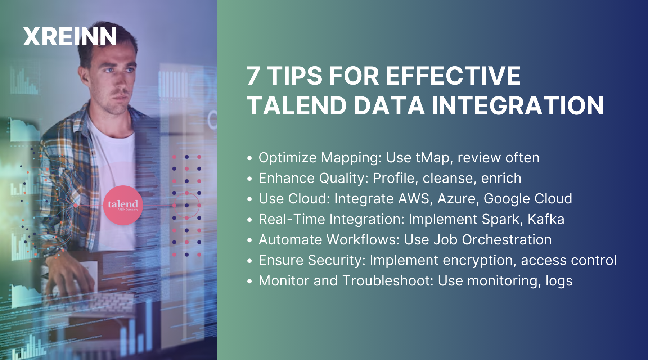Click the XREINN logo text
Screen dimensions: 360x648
(x=70, y=36)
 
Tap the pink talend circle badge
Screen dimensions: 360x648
(x=123, y=205)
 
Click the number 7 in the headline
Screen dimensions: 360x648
(x=253, y=76)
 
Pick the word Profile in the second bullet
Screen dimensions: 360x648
(x=393, y=178)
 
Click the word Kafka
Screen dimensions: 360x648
(x=546, y=219)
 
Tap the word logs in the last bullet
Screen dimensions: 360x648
(x=559, y=281)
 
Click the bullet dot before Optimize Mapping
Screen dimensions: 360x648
(x=250, y=158)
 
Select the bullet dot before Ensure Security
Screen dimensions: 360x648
(x=250, y=261)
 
